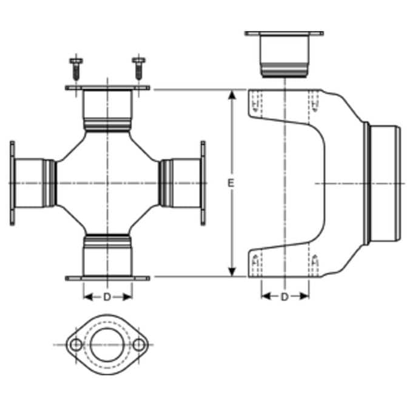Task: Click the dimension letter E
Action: tap(230, 183)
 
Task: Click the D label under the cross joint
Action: tap(107, 297)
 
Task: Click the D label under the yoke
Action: tap(285, 297)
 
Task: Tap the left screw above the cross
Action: tap(76, 69)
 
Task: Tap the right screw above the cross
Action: tap(139, 69)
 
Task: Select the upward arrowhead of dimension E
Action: tap(232, 95)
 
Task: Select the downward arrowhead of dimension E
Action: tap(232, 272)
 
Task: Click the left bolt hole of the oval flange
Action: tap(76, 345)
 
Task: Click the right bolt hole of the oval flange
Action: tap(139, 345)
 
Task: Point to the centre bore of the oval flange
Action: tap(107, 345)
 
